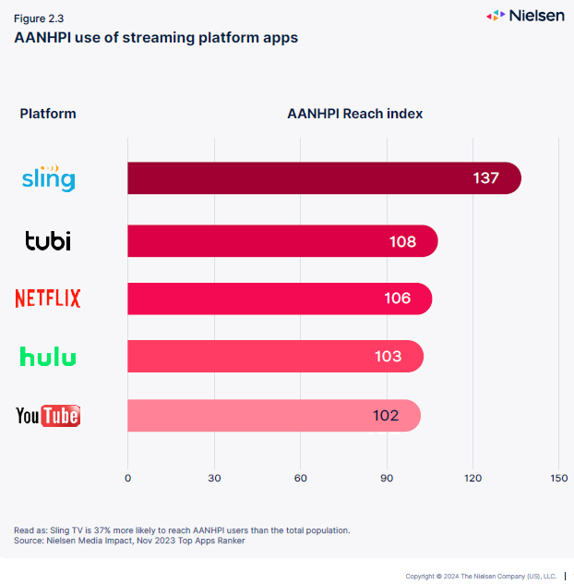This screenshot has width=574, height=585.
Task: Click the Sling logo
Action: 48,177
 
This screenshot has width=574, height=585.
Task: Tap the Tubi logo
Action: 48,241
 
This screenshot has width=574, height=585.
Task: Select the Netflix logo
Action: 48,299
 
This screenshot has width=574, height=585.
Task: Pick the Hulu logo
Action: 48,357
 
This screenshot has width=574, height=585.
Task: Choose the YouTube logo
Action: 48,416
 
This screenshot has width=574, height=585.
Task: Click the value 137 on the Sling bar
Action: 486,178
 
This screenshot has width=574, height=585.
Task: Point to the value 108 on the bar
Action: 403,242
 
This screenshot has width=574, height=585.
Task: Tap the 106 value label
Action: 398,299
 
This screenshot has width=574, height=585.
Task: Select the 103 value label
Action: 389,357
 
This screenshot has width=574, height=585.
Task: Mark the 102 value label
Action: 386,416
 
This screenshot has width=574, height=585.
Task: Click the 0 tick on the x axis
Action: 127,478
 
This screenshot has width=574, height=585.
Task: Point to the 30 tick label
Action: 214,478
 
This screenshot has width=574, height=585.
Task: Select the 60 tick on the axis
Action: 300,478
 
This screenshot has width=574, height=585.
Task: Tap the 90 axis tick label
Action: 387,478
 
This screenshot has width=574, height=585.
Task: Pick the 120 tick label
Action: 472,478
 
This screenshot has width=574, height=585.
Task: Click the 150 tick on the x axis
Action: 558,478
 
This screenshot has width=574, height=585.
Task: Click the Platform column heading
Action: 48,114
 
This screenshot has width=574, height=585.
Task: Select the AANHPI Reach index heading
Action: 355,114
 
